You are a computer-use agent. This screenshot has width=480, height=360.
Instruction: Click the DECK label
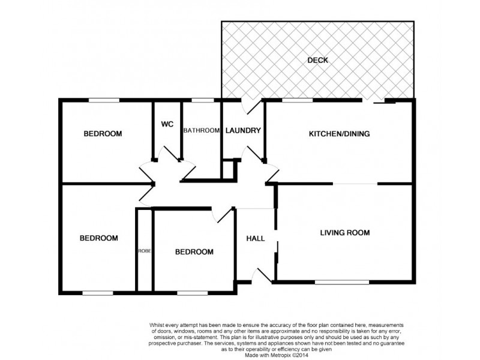pyautogui.click(x=317, y=60)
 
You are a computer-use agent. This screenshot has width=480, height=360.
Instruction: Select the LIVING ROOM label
pyautogui.click(x=344, y=233)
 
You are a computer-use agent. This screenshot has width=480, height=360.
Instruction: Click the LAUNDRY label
pyautogui.click(x=243, y=131)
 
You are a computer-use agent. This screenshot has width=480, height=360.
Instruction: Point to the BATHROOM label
pyautogui.click(x=201, y=131)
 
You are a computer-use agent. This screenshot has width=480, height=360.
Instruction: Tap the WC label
pyautogui.click(x=167, y=124)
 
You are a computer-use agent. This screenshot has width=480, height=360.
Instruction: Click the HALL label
pyautogui.click(x=256, y=238)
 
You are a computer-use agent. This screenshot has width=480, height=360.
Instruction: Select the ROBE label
pyautogui.click(x=145, y=251)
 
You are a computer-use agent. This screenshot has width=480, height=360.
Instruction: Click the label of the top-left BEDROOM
pyautogui.click(x=103, y=134)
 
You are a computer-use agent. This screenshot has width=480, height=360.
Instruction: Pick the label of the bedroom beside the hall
pyautogui.click(x=194, y=252)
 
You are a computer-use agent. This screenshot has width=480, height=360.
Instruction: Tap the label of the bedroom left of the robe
pyautogui.click(x=99, y=238)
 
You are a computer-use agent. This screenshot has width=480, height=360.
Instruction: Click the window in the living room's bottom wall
pyautogui.click(x=342, y=281)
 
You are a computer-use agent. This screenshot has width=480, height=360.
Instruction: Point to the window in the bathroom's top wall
pyautogui.click(x=202, y=100)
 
